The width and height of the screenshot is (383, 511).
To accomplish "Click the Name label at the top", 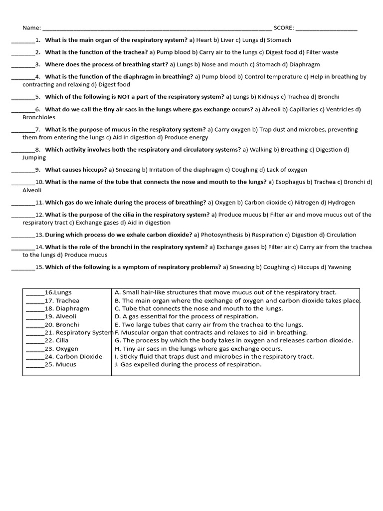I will (x=31, y=28).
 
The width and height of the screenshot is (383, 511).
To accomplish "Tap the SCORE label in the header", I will (x=283, y=28).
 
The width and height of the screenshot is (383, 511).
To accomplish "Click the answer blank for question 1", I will (x=23, y=40).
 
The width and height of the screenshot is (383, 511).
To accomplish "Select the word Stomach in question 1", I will (x=279, y=40).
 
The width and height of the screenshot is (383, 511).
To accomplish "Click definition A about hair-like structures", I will (x=225, y=292).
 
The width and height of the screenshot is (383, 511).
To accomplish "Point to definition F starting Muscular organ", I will (x=211, y=332).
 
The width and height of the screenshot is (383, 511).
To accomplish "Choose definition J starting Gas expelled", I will (x=188, y=364).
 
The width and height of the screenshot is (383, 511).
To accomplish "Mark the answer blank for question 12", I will (x=23, y=215).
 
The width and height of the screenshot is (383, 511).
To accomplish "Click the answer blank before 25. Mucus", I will (x=35, y=365).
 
